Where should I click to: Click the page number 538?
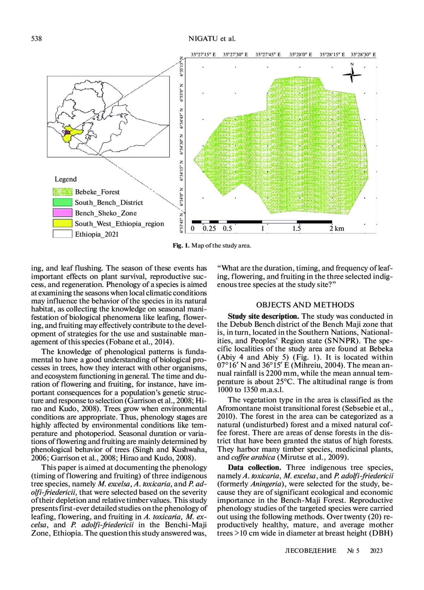pyautogui.click(x=36, y=39)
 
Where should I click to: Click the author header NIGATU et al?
pyautogui.click(x=212, y=39)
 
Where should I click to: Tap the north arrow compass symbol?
pyautogui.click(x=352, y=74)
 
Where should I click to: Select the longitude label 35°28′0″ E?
pyautogui.click(x=300, y=55)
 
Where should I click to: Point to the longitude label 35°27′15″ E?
pyautogui.click(x=203, y=55)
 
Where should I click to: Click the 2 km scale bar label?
pyautogui.click(x=337, y=228)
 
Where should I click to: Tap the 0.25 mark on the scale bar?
pyautogui.click(x=209, y=228)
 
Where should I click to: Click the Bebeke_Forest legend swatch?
pyautogui.click(x=63, y=192)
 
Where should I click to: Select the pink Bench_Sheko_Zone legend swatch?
pyautogui.click(x=63, y=213)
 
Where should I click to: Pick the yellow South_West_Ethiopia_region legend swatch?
pyautogui.click(x=63, y=223)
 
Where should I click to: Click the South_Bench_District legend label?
pyautogui.click(x=109, y=203)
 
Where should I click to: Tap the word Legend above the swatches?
pyautogui.click(x=65, y=179)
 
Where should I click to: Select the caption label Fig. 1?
pyautogui.click(x=181, y=245)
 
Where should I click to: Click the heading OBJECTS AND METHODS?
pyautogui.click(x=305, y=305)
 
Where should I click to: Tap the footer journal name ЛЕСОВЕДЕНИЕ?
pyautogui.click(x=311, y=550)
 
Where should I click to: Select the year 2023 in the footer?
pyautogui.click(x=376, y=550)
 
